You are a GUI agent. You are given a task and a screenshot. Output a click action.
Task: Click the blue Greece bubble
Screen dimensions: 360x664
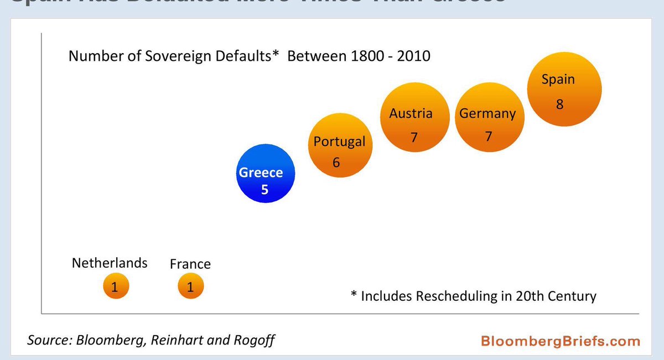pos(264,175)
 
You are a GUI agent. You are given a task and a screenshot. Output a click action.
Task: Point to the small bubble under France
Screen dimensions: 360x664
pos(190,286)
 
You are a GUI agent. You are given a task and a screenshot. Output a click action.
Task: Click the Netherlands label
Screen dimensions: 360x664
pos(110,263)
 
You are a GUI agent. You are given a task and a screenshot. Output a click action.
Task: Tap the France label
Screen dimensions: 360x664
pos(190,264)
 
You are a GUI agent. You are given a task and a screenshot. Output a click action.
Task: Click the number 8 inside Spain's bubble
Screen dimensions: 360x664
pos(560,103)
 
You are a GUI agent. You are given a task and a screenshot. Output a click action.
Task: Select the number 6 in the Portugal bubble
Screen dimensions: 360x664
pos(336,163)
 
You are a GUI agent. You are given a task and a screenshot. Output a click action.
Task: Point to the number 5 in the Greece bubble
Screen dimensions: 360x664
pos(264,190)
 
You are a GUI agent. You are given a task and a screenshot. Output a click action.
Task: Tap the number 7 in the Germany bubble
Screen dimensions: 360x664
pos(487,136)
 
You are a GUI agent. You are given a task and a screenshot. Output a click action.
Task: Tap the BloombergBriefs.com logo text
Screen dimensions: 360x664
pos(560,340)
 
